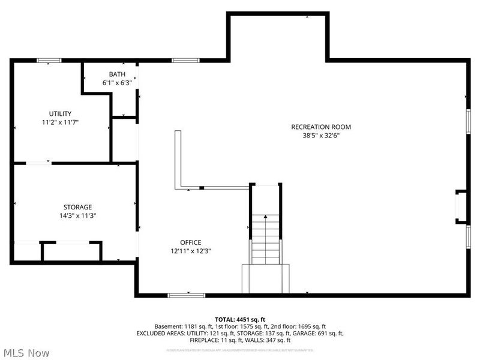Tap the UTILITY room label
click(61, 113)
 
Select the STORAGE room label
click(78, 207)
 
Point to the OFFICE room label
click(190, 242)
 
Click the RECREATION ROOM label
click(320, 127)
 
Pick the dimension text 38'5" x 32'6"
click(320, 136)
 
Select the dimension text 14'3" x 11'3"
click(78, 216)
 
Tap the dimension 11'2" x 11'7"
click(61, 122)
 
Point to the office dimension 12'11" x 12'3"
click(190, 251)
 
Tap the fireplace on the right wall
click(461, 207)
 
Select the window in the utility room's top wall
click(49, 60)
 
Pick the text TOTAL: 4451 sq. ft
click(240, 319)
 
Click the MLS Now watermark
click(26, 353)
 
